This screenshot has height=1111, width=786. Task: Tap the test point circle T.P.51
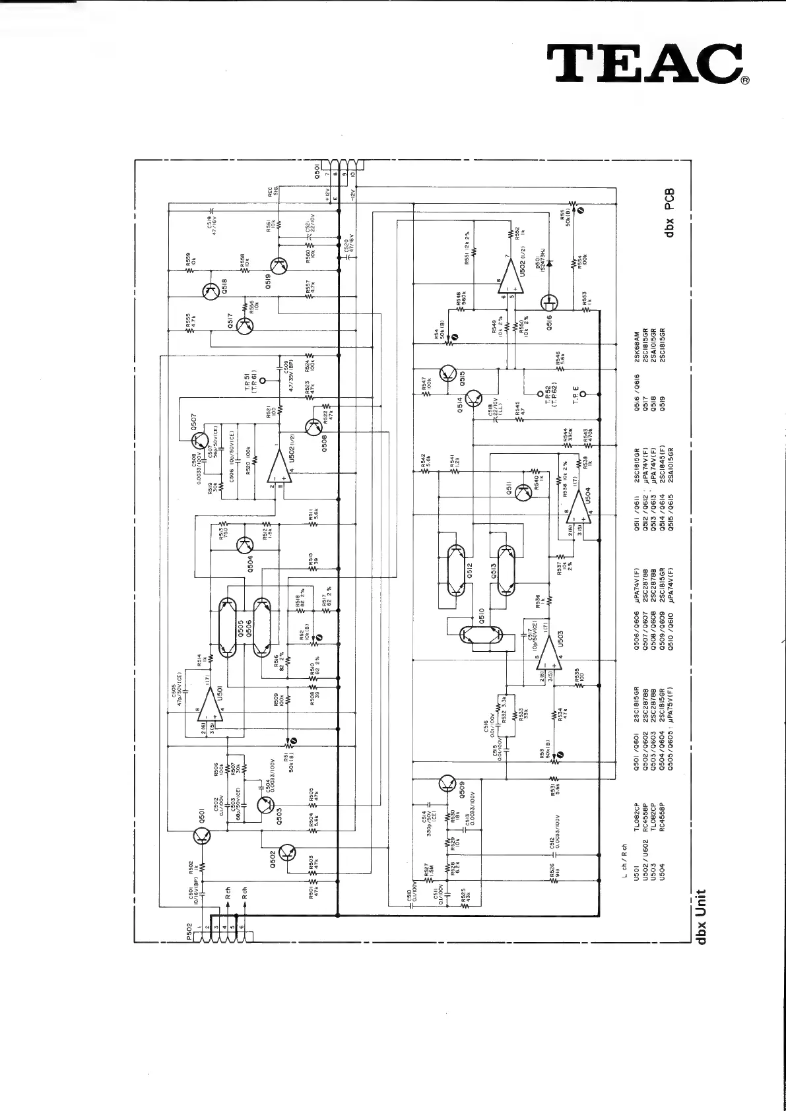pyautogui.click(x=263, y=381)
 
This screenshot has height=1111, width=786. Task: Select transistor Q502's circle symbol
pyautogui.click(x=288, y=852)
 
